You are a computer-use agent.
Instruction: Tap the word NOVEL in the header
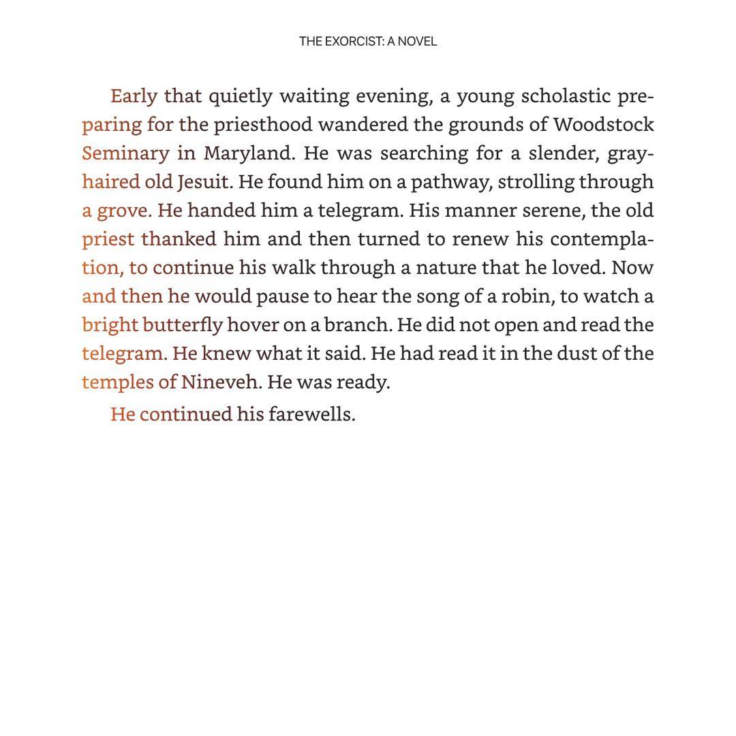[417, 42]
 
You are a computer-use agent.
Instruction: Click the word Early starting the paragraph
[134, 96]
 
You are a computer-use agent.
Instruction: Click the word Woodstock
[603, 125]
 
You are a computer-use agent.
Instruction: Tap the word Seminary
[125, 153]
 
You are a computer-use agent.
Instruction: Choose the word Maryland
[249, 153]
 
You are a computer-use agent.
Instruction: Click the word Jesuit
[204, 182]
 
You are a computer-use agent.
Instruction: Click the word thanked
[179, 239]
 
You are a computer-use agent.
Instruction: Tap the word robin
[525, 296]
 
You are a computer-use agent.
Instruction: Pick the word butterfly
[183, 325]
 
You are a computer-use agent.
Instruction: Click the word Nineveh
[220, 382]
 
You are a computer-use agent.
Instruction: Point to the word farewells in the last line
[311, 414]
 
